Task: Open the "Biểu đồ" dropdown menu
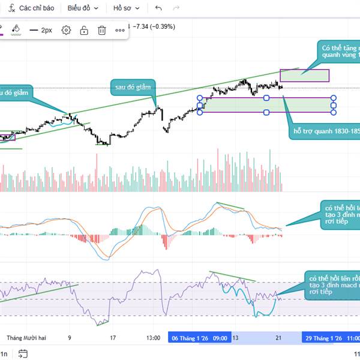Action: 82,8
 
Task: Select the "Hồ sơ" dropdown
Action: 126,8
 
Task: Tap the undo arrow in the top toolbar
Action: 158,8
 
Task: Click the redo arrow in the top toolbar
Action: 176,8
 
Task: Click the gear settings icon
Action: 67,30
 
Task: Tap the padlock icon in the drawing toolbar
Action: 84,30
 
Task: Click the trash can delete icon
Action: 102,30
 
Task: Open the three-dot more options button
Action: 120,30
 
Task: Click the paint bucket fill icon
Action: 16,29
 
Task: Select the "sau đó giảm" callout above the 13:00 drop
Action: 132,88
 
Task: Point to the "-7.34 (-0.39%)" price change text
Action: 155,26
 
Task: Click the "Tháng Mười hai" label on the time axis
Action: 26,338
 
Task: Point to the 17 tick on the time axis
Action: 113,338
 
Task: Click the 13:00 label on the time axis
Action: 153,338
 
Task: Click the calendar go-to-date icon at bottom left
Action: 23,353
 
